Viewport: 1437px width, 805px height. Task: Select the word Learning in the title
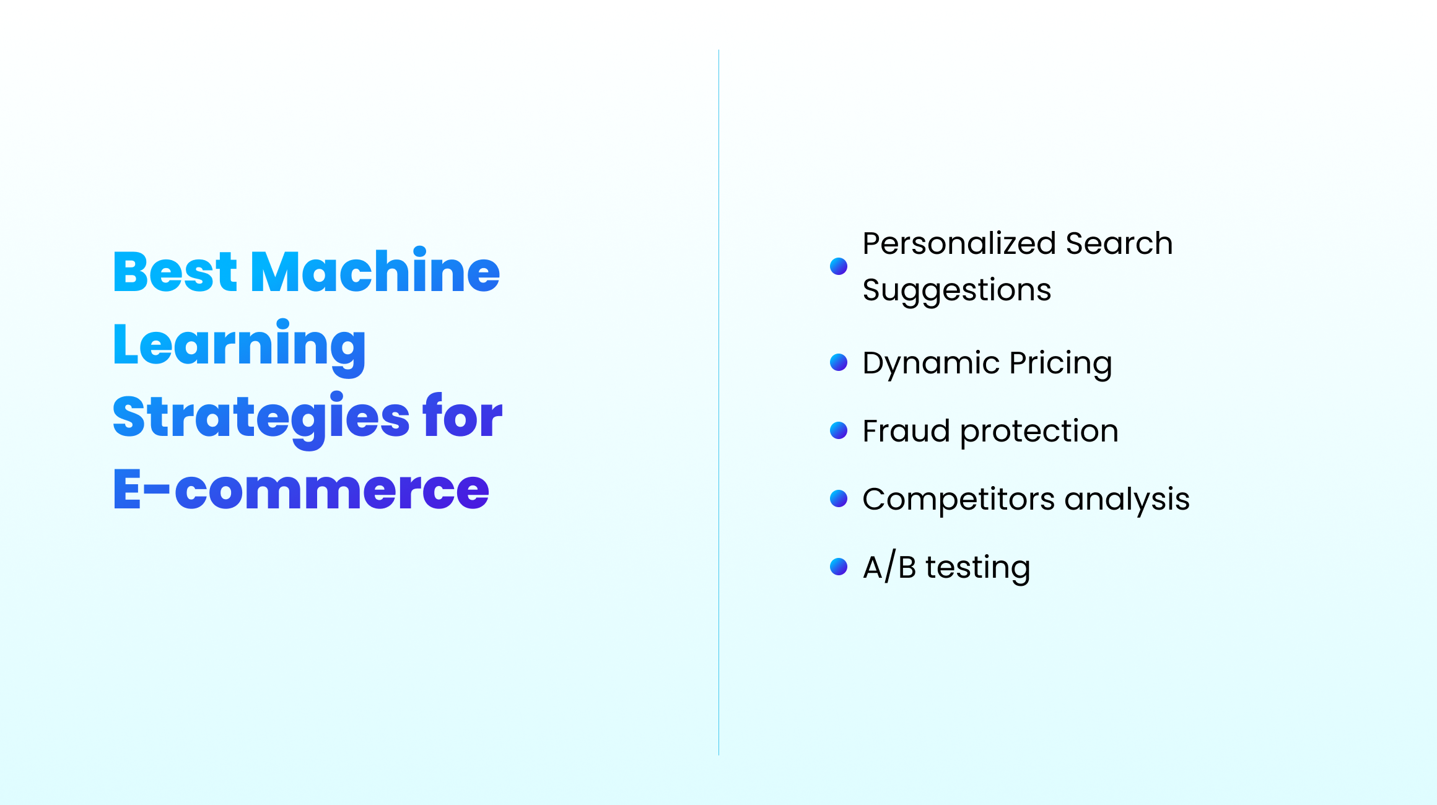coord(239,346)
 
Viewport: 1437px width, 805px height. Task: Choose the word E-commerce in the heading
coord(301,490)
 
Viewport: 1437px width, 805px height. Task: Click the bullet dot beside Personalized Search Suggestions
coord(839,266)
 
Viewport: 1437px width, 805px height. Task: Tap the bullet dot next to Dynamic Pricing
coord(839,362)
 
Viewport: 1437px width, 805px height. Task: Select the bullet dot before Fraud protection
coord(839,430)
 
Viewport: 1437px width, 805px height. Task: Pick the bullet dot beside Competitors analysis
coord(839,498)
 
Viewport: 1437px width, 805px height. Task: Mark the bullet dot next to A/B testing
coord(839,567)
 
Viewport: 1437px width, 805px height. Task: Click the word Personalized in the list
coord(959,243)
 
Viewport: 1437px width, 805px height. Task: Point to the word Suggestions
coord(956,290)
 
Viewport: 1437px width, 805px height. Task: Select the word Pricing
coord(1060,363)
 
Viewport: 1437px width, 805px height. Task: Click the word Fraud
coord(906,431)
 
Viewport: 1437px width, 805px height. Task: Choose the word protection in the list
coord(1039,432)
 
